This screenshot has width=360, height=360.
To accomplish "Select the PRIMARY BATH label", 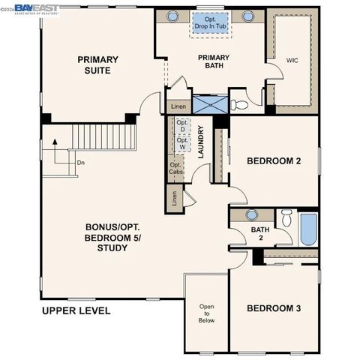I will [214, 62].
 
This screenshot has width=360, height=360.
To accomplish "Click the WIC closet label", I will [292, 60].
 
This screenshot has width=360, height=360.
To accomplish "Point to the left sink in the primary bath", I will [172, 16].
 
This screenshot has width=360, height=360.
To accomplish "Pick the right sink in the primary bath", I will [247, 16].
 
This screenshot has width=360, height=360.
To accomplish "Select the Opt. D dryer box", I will [181, 126].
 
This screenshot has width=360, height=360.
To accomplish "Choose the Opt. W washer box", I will [181, 144].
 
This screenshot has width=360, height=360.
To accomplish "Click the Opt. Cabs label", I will [175, 169].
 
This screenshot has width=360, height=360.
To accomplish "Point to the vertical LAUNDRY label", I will [201, 142].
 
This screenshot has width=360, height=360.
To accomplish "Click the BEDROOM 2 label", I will [274, 161].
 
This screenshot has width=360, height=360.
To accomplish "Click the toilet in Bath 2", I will [286, 219].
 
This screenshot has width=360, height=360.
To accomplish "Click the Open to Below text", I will [206, 313].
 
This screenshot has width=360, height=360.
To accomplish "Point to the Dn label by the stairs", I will [80, 162].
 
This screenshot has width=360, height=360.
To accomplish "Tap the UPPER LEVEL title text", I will [76, 310].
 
